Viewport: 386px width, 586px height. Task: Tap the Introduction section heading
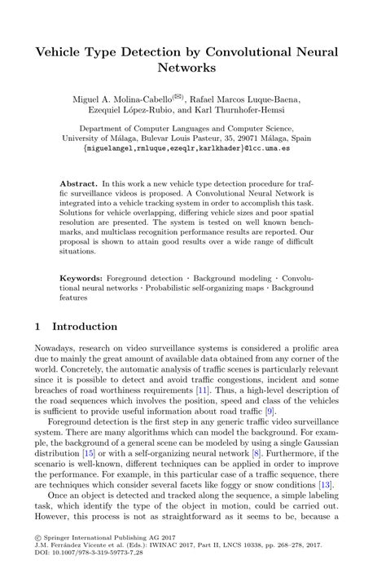(x=84, y=327)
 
